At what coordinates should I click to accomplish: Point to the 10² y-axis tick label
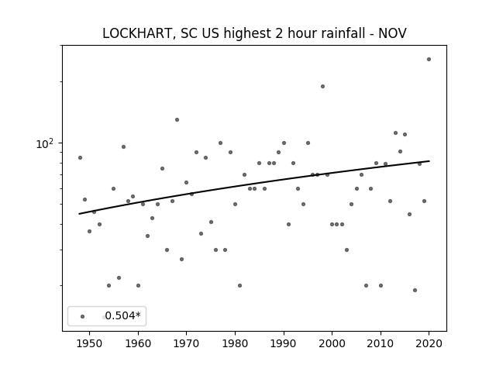coord(45,143)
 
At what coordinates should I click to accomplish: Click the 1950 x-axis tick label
coord(90,343)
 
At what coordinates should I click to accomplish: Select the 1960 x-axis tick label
coord(138,343)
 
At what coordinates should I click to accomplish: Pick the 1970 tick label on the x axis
coord(186,343)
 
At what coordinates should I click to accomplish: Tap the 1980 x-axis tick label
coord(235,343)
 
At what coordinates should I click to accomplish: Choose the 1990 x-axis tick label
coord(284,343)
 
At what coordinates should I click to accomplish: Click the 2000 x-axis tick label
coord(332,343)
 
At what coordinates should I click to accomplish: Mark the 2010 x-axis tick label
coord(381,343)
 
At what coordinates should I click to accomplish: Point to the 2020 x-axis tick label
coord(429,343)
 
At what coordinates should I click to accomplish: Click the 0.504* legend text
coord(122,315)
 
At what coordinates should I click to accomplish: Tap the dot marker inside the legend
coord(83,316)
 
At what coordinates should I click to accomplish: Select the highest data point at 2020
coord(429,59)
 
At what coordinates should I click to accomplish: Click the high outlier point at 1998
coord(322,86)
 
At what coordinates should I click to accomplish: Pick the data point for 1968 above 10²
coord(177,119)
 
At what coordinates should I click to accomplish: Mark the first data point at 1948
coord(80,157)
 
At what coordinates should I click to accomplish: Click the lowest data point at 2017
coord(415,290)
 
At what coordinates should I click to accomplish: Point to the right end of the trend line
coord(429,161)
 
